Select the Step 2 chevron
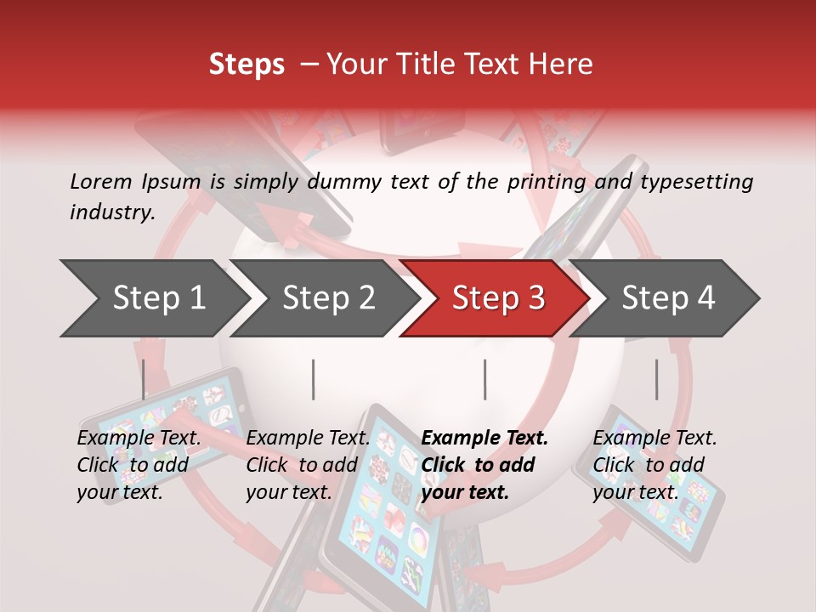click(328, 298)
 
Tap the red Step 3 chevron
click(497, 298)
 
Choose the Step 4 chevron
click(668, 298)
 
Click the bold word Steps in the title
click(246, 65)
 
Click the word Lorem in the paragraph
click(102, 182)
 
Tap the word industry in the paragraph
click(111, 212)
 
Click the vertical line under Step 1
click(144, 379)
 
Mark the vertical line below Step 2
click(314, 379)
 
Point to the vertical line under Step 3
click(484, 379)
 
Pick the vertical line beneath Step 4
click(656, 379)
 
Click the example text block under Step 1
click(139, 464)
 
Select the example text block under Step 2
click(308, 464)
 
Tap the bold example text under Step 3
click(484, 464)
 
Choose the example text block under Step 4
click(654, 464)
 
